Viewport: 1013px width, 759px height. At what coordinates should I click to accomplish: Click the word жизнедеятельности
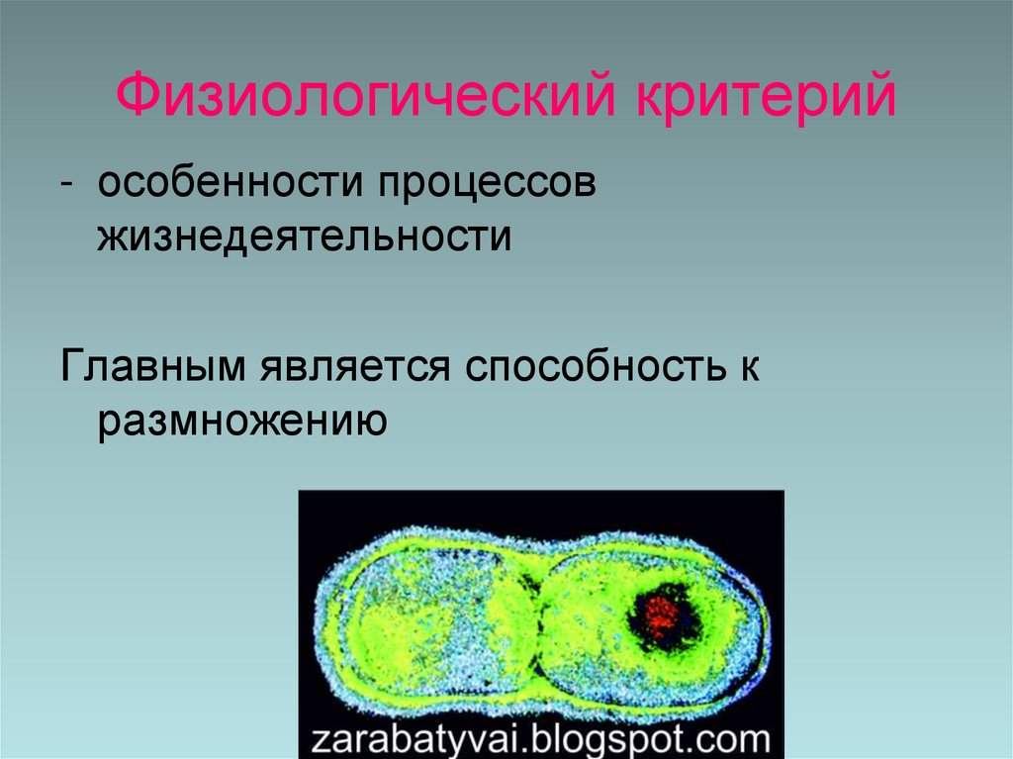tap(304, 240)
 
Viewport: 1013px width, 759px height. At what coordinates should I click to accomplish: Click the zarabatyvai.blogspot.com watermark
tap(540, 737)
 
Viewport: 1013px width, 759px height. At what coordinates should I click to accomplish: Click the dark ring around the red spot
tap(688, 633)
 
